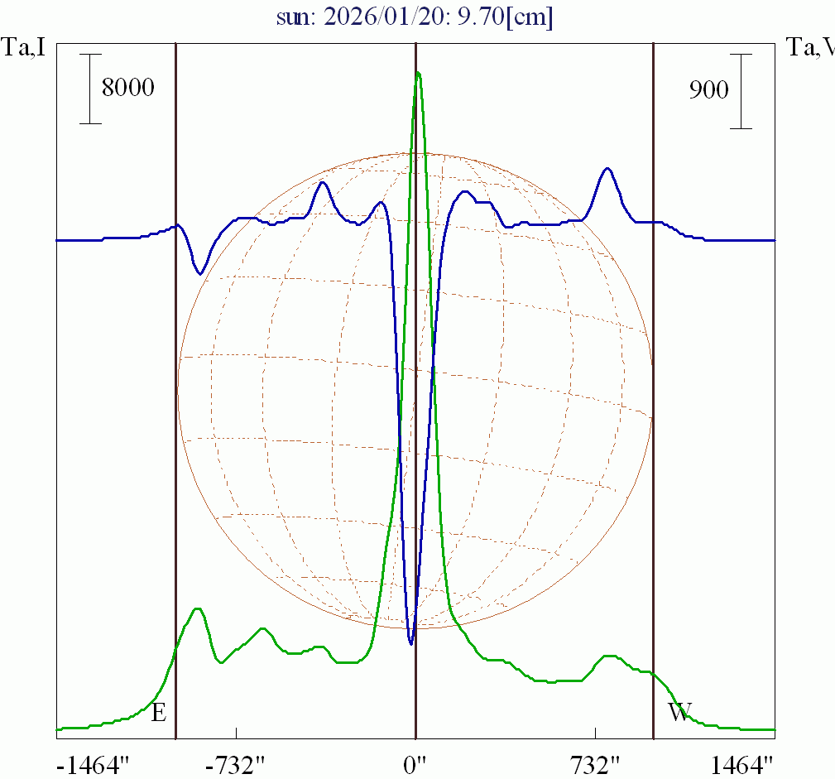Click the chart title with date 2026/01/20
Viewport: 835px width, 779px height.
[416, 17]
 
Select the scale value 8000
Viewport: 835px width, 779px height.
[127, 88]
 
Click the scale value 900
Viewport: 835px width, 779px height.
[709, 90]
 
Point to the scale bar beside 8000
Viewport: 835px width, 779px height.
[90, 89]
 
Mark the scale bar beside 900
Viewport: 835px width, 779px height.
[741, 91]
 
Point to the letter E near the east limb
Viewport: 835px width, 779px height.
[159, 712]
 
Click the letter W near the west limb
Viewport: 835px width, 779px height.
[679, 712]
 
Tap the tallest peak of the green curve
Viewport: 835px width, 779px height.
[418, 73]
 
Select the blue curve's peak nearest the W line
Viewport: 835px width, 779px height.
[607, 168]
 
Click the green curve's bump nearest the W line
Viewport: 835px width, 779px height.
[610, 656]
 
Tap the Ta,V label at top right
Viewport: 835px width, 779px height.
[810, 48]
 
